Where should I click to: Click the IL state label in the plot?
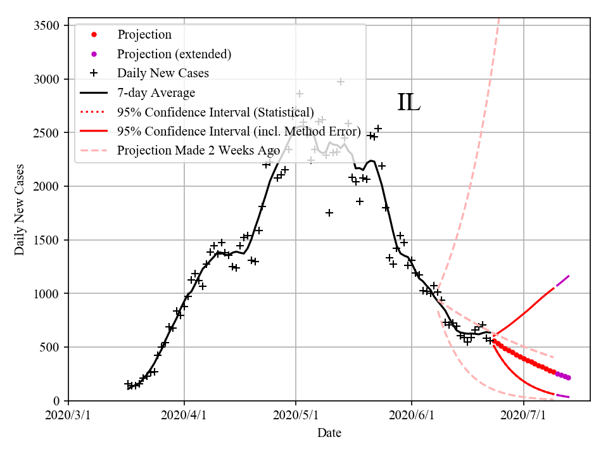coord(408,103)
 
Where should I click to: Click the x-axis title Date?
coord(329,433)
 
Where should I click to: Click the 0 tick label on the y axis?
coord(56,401)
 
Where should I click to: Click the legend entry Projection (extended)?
coord(174,54)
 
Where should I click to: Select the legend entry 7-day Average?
coord(156,92)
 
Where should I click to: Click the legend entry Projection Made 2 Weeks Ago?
coord(198,150)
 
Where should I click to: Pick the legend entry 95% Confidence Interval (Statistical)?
coord(215,112)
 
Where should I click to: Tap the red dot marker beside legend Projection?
coord(94,35)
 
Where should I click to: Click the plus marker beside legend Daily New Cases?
coord(94,73)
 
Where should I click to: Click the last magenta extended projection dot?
coord(569,377)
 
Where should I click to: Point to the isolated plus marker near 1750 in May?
coord(329,213)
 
